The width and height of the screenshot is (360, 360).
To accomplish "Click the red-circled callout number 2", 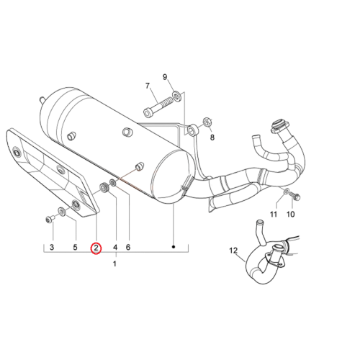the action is (96, 248).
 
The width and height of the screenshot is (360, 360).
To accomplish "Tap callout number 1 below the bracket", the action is (114, 264).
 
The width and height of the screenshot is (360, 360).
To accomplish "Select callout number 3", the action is (52, 247).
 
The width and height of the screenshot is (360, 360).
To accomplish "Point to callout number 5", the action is (75, 247).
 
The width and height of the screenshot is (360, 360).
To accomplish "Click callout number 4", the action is (115, 247).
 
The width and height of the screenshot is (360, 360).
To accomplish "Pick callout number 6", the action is (128, 247).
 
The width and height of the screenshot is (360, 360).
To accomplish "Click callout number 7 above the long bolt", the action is (148, 86).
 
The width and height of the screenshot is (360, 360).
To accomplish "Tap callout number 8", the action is (212, 138).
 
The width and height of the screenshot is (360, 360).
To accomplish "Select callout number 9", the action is (165, 77).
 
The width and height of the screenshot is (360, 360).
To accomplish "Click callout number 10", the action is (291, 214).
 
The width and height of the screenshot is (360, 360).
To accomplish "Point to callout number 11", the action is (274, 214).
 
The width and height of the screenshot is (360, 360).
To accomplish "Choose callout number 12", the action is (233, 251).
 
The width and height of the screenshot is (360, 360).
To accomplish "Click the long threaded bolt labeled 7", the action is (158, 107).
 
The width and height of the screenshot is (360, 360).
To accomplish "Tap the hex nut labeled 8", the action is (207, 122).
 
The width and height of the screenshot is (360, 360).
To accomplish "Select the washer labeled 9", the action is (177, 96).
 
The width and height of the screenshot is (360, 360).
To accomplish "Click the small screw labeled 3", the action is (50, 219).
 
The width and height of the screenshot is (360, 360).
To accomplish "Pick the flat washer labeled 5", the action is (62, 212).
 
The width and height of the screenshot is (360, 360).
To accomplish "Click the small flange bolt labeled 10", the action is (294, 197).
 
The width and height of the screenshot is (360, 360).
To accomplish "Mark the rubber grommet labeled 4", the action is (104, 187).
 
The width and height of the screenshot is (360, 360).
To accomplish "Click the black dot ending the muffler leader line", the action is (174, 247).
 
